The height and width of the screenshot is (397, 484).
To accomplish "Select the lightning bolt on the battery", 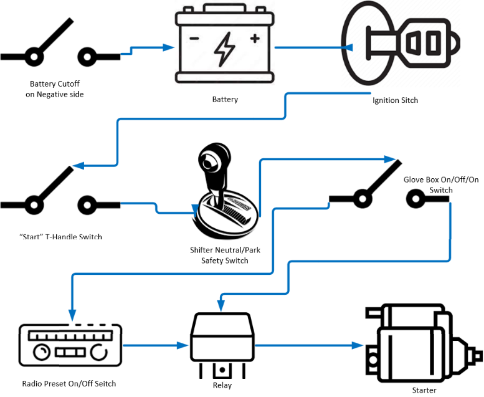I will tap(224, 50).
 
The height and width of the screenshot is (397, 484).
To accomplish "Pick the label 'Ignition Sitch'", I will tap(395, 100).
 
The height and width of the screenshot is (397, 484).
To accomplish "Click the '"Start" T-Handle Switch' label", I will tap(57, 237).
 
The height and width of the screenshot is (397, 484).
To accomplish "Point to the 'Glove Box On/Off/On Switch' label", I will tap(441, 184).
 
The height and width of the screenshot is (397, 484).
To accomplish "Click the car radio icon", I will tap(69, 345).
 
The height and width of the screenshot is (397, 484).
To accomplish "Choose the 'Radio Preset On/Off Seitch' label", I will tap(69, 383).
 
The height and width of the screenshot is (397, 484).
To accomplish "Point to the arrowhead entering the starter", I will tap(358, 345).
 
